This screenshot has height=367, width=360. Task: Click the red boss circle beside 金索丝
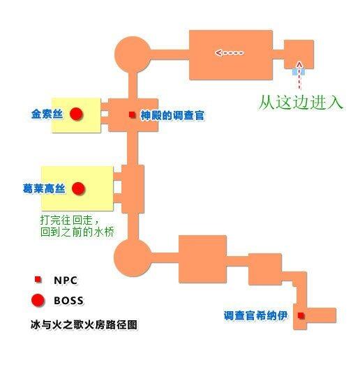[76, 114]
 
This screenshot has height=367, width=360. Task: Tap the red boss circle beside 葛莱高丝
[78, 188]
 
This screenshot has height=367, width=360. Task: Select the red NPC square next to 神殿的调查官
[133, 114]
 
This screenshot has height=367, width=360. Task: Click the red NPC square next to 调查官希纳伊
[301, 315]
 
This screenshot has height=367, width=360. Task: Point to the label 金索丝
[47, 114]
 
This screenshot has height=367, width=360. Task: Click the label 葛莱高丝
[44, 188]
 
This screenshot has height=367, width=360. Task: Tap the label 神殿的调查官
[172, 115]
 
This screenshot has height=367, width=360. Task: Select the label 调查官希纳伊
[255, 316]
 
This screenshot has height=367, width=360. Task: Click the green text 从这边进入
[301, 103]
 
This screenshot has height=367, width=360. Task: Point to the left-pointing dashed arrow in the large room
[230, 53]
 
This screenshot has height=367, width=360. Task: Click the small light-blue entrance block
[299, 72]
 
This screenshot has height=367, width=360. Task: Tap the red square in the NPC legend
[38, 279]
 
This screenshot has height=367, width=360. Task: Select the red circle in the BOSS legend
[38, 301]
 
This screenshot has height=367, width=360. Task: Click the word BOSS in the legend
[68, 301]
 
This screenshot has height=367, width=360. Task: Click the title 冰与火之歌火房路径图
[84, 324]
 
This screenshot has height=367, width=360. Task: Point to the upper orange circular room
[133, 54]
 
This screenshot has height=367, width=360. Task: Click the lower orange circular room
[133, 257]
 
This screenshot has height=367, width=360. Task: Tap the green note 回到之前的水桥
[77, 232]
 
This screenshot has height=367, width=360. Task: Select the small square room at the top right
[299, 54]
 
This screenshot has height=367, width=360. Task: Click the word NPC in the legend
[66, 280]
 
